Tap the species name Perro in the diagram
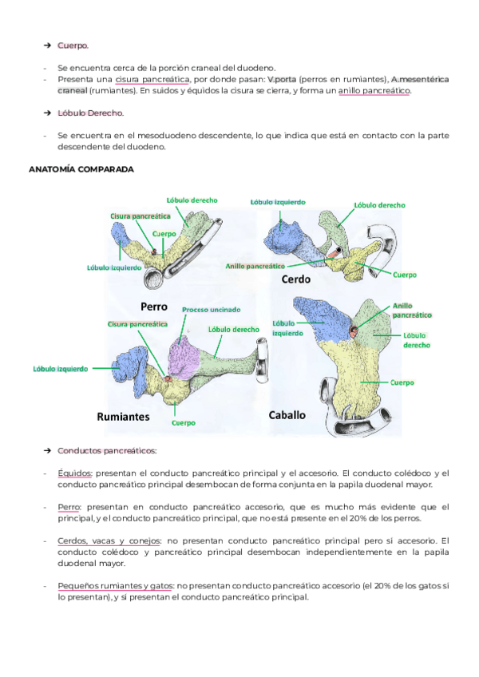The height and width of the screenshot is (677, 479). (x=153, y=306)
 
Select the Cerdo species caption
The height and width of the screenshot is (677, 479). (x=296, y=280)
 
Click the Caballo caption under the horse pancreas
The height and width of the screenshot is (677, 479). (x=287, y=415)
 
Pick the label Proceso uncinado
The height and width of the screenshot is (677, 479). (x=211, y=310)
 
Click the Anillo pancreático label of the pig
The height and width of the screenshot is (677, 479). (x=255, y=265)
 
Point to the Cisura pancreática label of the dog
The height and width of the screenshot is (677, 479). (x=140, y=216)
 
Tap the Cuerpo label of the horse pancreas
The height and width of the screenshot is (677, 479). (x=402, y=382)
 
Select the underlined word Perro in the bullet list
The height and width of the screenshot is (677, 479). (x=69, y=506)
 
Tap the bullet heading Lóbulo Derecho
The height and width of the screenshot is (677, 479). (x=90, y=113)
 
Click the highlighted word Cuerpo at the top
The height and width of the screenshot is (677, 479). (x=73, y=46)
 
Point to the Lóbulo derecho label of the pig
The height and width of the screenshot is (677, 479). (x=381, y=205)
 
